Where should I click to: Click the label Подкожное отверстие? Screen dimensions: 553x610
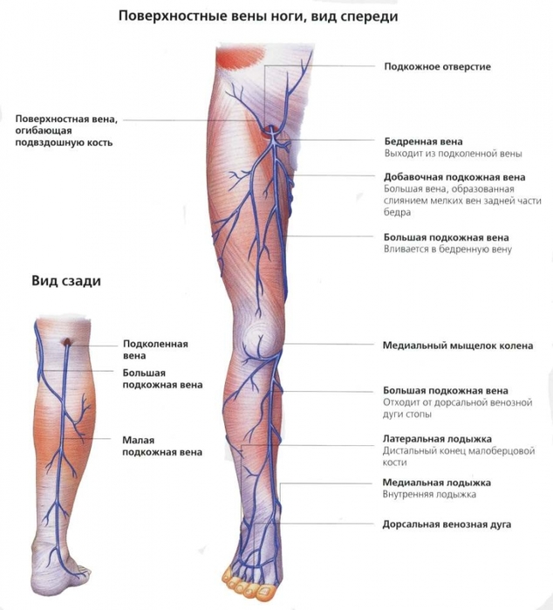438,67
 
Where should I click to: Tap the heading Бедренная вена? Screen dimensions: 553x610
424,141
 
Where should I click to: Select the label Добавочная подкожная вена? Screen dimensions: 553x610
454,177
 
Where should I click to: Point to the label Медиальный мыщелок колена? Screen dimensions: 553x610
458,346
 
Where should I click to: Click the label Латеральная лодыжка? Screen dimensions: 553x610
437,439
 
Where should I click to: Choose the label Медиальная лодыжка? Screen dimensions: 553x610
437,483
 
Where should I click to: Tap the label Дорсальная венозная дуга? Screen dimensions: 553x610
447,524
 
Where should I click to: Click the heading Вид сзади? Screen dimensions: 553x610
66,281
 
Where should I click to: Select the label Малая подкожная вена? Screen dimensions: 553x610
162,446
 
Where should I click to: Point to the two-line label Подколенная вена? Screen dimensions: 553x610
155,350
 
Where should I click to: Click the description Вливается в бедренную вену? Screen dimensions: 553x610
447,250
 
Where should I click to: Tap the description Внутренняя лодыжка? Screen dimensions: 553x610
429,495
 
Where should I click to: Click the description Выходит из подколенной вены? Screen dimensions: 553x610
453,154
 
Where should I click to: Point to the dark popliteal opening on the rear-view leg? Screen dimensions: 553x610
67,341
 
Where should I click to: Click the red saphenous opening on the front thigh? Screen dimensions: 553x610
269,131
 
